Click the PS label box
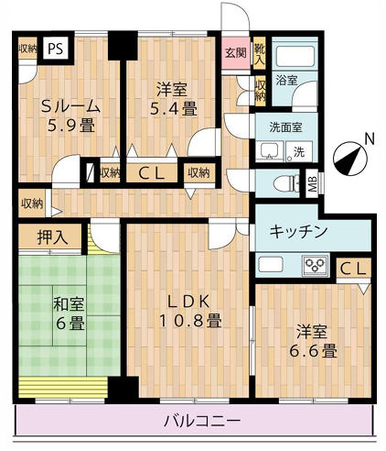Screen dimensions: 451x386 click(x=56, y=48)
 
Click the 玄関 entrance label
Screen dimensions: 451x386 click(x=235, y=52)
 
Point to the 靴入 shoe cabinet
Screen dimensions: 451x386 click(x=260, y=53)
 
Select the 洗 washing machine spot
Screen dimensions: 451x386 click(x=299, y=150)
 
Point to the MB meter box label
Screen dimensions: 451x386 click(x=313, y=182)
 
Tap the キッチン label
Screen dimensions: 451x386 click(x=298, y=232)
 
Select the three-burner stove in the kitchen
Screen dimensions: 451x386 click(x=316, y=266)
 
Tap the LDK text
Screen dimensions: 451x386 click(x=188, y=300)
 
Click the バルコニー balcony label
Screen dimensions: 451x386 click(x=202, y=421)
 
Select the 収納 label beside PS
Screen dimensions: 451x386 click(x=27, y=48)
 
